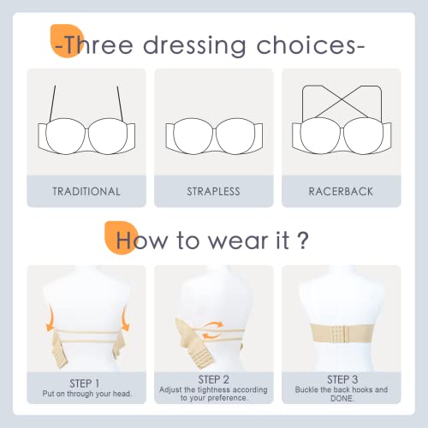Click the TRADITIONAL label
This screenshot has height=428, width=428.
pyautogui.click(x=86, y=191)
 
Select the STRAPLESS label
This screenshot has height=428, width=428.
pyautogui.click(x=213, y=191)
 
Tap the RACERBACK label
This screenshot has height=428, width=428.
pyautogui.click(x=341, y=191)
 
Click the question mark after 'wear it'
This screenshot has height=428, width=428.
pyautogui.click(x=303, y=238)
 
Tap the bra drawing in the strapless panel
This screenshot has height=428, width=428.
pyautogui.click(x=213, y=133)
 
